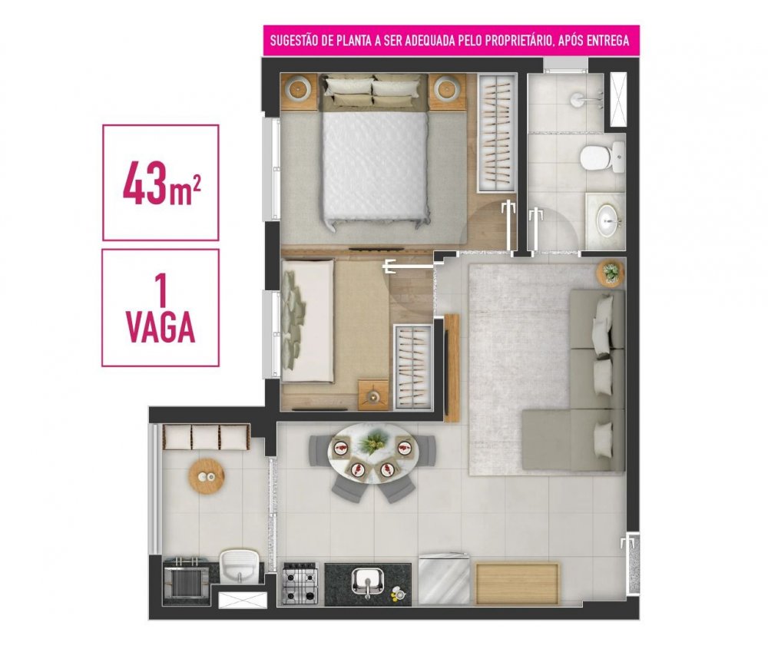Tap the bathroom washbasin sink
(607, 221)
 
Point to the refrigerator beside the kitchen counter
(444, 579)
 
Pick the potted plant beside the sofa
(611, 272)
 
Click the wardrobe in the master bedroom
(497, 132)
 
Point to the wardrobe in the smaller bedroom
(413, 366)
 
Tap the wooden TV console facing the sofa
(452, 368)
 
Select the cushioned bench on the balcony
(206, 437)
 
